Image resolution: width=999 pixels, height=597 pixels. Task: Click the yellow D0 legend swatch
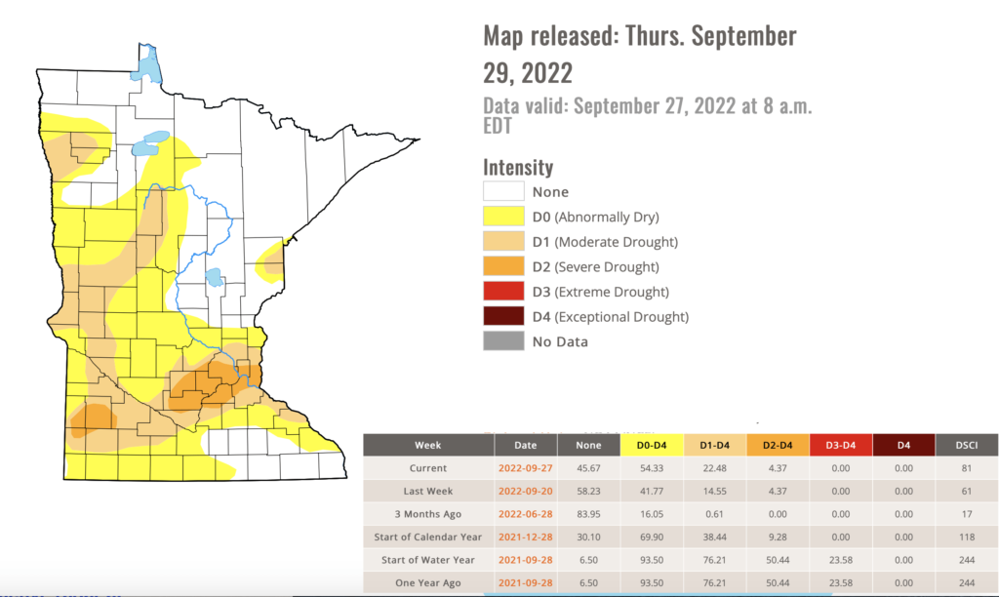(x=503, y=217)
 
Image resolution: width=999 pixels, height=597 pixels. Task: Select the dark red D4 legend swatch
(x=503, y=317)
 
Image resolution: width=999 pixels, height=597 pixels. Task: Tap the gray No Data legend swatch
(x=503, y=341)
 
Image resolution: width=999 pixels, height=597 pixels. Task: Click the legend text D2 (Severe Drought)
(x=595, y=266)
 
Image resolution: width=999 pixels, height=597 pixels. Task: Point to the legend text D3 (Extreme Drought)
(x=600, y=292)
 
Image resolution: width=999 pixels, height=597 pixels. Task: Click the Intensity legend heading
(x=518, y=167)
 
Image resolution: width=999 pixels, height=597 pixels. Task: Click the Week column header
(x=428, y=445)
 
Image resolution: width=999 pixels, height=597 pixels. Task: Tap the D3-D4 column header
(x=842, y=445)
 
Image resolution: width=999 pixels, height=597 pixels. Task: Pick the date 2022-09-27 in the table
(x=525, y=469)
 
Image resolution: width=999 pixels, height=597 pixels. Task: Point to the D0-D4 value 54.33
(x=652, y=469)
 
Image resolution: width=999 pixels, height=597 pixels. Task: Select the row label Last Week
(x=428, y=493)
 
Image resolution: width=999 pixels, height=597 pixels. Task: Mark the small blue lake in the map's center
(x=212, y=278)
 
